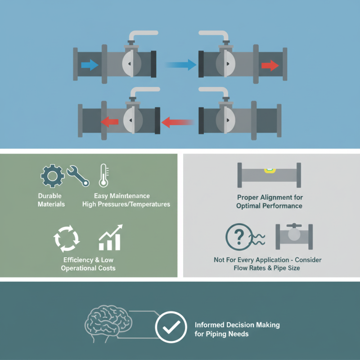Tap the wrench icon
pos(78,175)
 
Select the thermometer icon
pos(102,175)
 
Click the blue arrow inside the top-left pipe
pos(90,66)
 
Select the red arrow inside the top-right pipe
pos(270,66)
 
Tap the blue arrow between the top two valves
pos(182,65)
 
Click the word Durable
pos(50,196)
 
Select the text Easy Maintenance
pos(122,196)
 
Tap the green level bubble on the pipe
pos(270,171)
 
